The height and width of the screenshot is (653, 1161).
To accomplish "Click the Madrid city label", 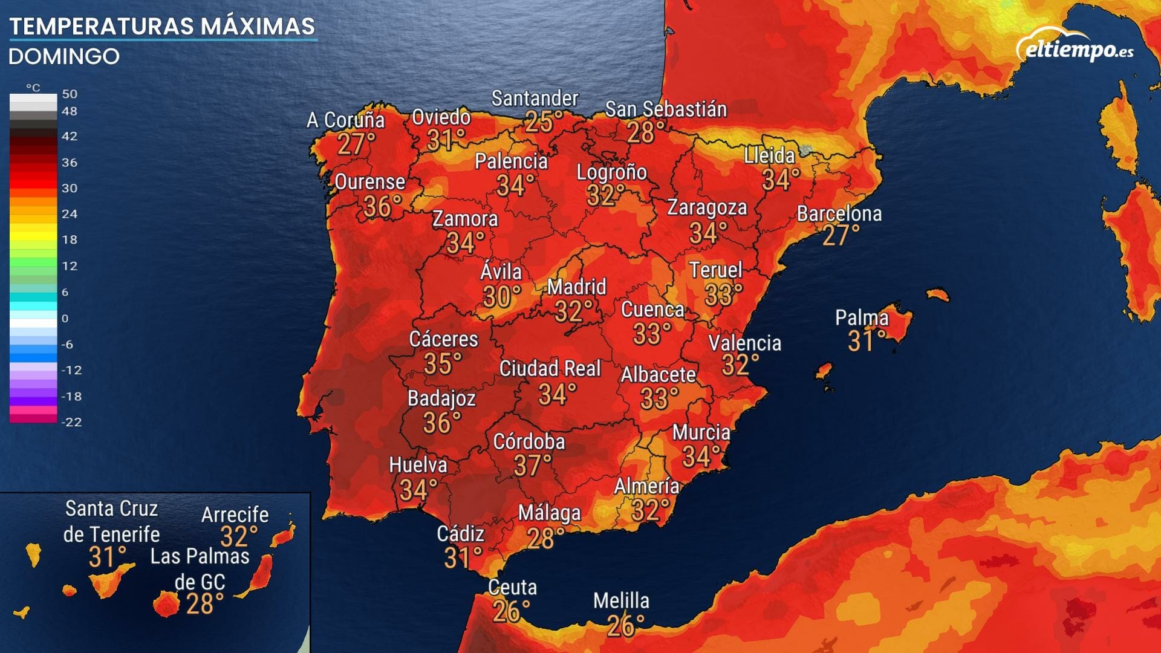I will pos(576,287).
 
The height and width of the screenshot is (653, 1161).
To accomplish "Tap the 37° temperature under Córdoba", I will pos(532,466).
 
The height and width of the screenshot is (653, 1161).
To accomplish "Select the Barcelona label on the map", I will pos(839,213).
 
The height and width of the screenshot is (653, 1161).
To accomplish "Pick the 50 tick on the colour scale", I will pos(70,94).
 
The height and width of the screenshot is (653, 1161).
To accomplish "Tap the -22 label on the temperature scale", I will pos(71,422).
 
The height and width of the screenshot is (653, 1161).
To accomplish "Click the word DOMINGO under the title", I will pos(64,57).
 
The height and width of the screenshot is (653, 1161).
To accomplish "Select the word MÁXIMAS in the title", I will pos(258,27).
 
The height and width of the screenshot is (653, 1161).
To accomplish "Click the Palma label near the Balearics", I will pos(862,317).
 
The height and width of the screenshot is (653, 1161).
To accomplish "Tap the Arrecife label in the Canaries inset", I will pos(235,515).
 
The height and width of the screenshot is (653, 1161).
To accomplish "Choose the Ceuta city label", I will pos(512,587).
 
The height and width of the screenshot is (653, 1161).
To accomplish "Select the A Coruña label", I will pos(345,120).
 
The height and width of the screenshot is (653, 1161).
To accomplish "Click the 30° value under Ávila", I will pos(501,297).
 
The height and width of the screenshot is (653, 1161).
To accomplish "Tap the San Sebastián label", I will pos(666,109).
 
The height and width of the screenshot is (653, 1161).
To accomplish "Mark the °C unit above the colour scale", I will pos(33,88).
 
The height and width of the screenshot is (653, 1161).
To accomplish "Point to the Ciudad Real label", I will pos(550,368).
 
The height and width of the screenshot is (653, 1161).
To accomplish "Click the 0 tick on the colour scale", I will pos(65,318).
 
